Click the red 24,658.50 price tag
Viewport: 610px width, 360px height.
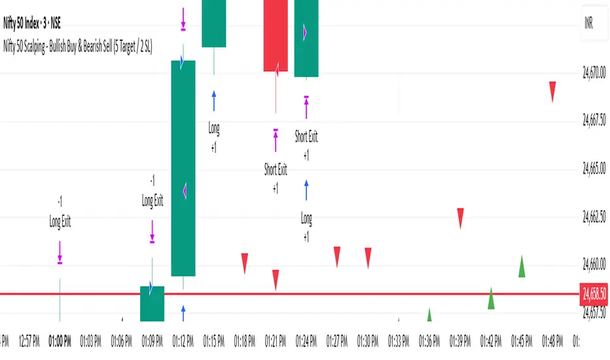tap(594, 294)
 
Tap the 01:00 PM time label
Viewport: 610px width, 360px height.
tap(60, 340)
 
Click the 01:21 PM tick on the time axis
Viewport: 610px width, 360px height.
tap(276, 340)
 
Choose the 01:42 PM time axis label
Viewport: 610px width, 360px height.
tap(491, 340)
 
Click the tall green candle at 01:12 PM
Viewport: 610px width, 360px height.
tap(183, 168)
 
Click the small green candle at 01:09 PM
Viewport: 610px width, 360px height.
tap(152, 304)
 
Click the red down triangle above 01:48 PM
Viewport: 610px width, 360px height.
tap(552, 91)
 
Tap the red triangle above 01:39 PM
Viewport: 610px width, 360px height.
tap(460, 217)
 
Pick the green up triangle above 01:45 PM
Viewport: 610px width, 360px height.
tap(522, 266)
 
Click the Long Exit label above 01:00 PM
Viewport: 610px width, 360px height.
tap(60, 222)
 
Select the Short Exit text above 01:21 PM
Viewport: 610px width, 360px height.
tap(276, 170)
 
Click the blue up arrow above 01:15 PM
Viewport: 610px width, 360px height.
tap(214, 101)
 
